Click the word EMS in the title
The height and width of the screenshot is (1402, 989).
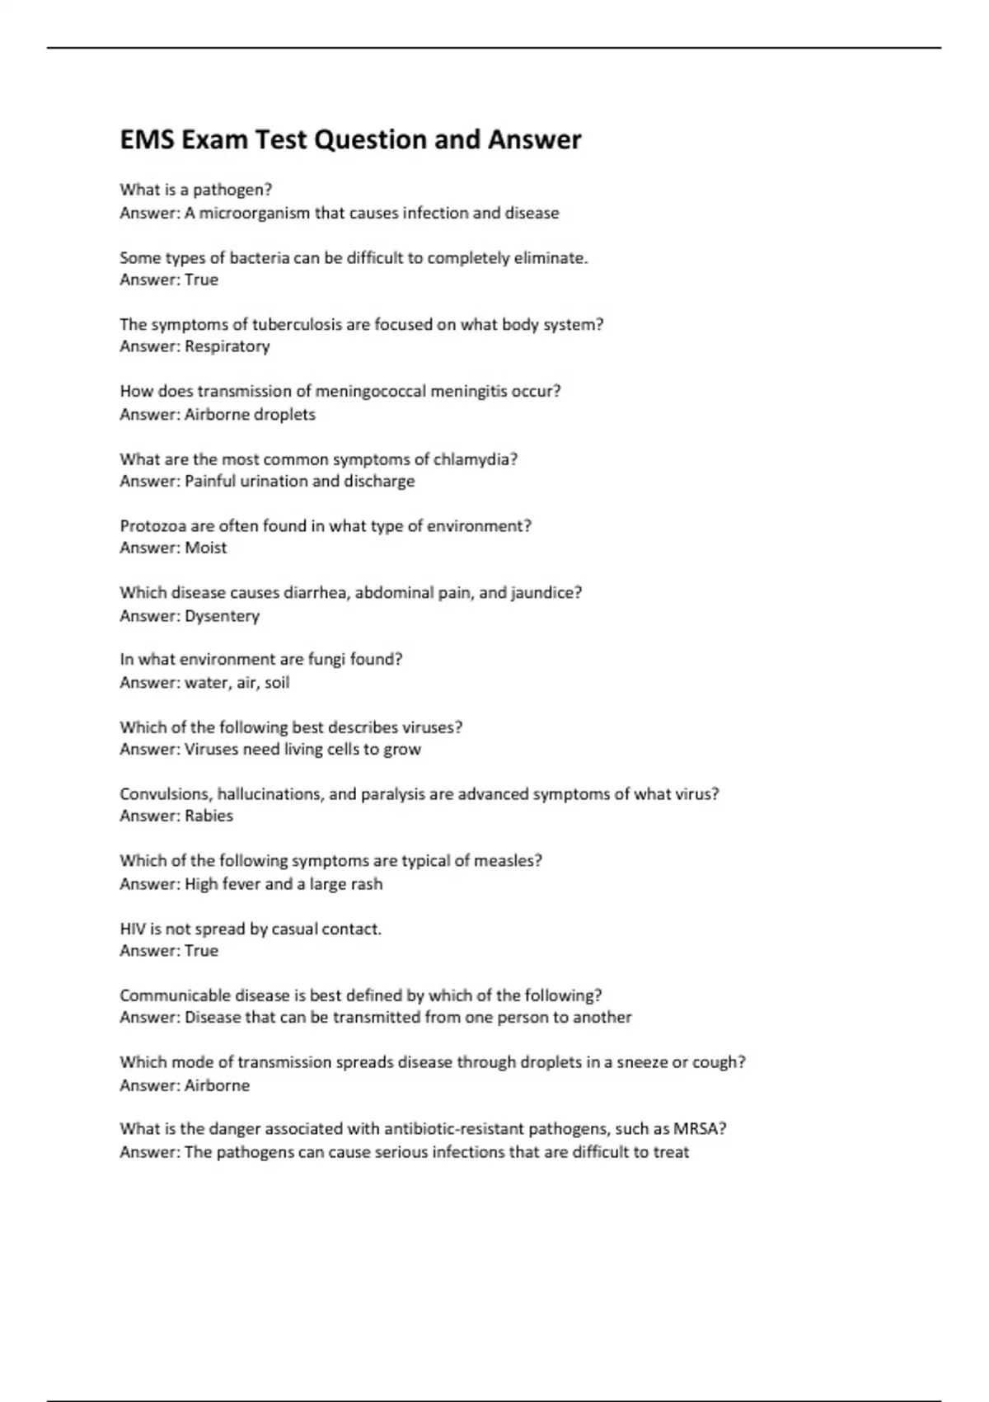[x=148, y=140]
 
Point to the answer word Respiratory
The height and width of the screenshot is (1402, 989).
[x=227, y=347]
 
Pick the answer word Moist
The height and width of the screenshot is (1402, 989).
[x=206, y=548]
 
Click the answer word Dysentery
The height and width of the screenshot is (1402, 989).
[x=222, y=616]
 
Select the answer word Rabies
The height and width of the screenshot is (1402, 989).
[x=209, y=816]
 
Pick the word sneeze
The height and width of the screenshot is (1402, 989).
[x=642, y=1062]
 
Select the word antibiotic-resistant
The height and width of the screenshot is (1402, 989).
[x=453, y=1129]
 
